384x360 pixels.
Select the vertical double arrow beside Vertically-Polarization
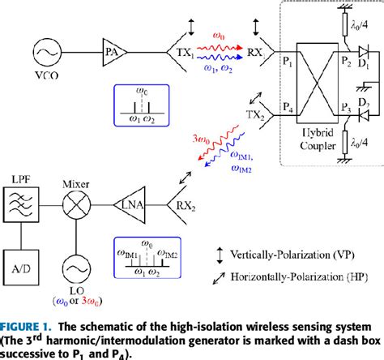(x=224, y=252)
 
